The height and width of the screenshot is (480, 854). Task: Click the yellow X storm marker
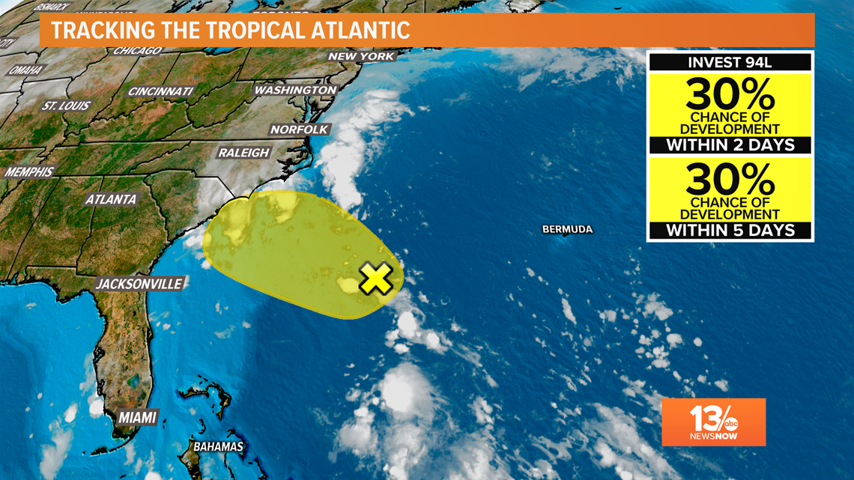click(x=375, y=278)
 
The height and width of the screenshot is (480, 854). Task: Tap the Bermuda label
click(x=567, y=229)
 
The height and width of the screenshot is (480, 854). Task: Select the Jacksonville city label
click(x=139, y=284)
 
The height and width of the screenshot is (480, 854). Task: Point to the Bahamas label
click(x=219, y=447)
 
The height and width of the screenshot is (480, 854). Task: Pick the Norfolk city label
click(x=300, y=130)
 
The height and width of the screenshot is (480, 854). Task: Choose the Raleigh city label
click(x=243, y=153)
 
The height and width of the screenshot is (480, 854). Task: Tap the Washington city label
click(x=296, y=90)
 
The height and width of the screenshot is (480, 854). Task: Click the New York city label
click(x=361, y=57)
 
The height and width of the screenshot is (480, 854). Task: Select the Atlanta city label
click(x=111, y=200)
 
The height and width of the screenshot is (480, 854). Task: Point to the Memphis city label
click(x=29, y=172)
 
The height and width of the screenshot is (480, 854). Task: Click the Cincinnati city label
click(x=160, y=91)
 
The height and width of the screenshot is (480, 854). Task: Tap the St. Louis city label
click(x=67, y=106)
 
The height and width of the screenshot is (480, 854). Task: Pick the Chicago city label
click(x=137, y=51)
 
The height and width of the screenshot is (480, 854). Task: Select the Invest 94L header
click(x=730, y=62)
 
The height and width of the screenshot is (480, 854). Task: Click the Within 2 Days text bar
click(x=730, y=145)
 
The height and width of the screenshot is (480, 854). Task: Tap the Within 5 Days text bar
click(x=730, y=231)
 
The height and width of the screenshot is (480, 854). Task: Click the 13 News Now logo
click(x=713, y=422)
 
